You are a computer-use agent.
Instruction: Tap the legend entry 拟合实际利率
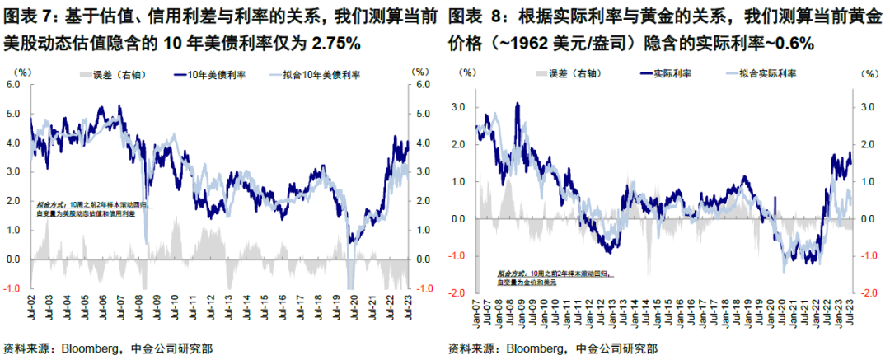(x=761, y=74)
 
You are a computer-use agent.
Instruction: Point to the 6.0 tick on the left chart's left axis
(x=13, y=85)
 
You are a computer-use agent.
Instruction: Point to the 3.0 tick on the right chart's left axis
(x=459, y=108)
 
